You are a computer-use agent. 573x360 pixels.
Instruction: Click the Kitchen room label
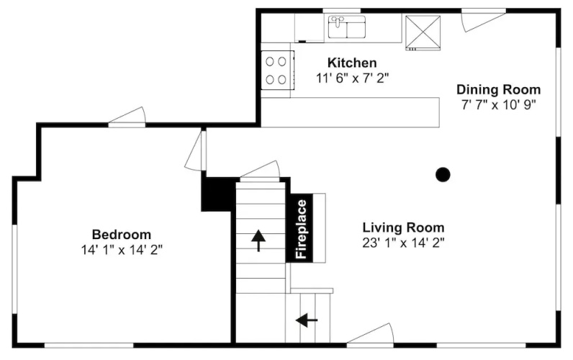point(352,63)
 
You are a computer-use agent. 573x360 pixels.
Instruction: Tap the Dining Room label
point(498,89)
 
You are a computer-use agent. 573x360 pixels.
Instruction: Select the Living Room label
point(403,228)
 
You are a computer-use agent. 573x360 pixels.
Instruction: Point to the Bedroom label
point(122,234)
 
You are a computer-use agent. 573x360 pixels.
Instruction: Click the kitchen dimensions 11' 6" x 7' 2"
point(352,78)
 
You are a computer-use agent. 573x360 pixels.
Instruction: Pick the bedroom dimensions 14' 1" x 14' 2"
point(122,250)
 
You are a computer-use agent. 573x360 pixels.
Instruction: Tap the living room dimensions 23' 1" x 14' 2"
point(403,243)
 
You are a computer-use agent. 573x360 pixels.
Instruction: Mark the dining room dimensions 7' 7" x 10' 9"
point(498,105)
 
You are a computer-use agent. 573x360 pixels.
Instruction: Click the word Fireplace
point(302,229)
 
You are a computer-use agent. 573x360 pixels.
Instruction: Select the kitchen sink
point(347,27)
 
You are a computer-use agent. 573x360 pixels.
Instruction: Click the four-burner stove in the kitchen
point(277,70)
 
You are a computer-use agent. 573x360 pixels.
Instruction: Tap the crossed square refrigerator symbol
point(423,32)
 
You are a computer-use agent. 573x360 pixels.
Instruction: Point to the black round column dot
point(443,175)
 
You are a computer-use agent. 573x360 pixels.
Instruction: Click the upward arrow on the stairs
point(258,240)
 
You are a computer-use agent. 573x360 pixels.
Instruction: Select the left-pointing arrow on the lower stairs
point(307,320)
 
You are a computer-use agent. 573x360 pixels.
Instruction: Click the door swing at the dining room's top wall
point(483,21)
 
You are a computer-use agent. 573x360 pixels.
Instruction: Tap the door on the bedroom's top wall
point(127,117)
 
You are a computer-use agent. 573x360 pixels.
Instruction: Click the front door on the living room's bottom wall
point(370,334)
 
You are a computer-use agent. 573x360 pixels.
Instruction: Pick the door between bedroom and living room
point(195,150)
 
